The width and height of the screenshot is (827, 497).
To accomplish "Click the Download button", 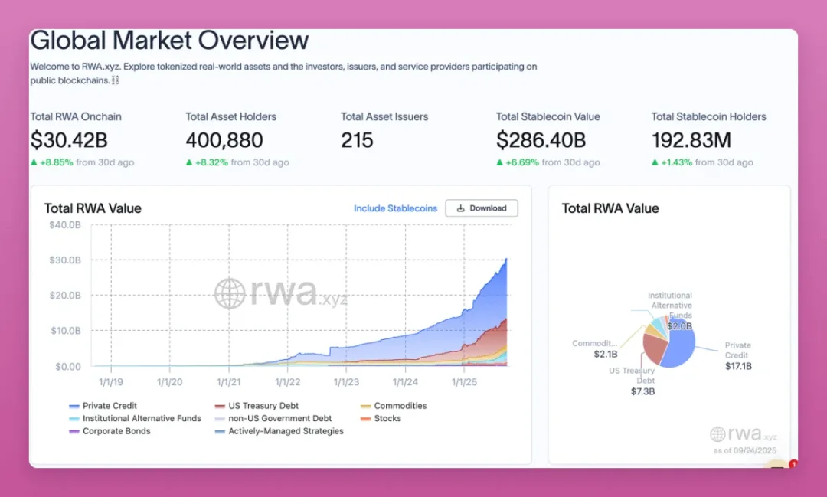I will click(x=482, y=208).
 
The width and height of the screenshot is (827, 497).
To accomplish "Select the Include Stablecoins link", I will click(x=395, y=208).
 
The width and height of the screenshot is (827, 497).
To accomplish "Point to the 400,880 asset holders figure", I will click(x=224, y=140).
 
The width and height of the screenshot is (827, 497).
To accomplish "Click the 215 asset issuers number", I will click(x=357, y=140).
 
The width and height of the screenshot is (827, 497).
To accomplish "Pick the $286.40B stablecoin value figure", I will click(x=541, y=140).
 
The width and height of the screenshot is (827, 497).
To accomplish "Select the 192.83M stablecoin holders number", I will click(x=691, y=140).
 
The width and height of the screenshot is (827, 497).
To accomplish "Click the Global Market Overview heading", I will click(x=169, y=40).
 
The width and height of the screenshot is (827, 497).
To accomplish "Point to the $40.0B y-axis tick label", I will click(x=65, y=224).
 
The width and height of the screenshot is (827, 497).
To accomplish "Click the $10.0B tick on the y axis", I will click(x=65, y=331).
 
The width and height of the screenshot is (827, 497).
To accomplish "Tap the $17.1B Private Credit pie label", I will click(x=738, y=366).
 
